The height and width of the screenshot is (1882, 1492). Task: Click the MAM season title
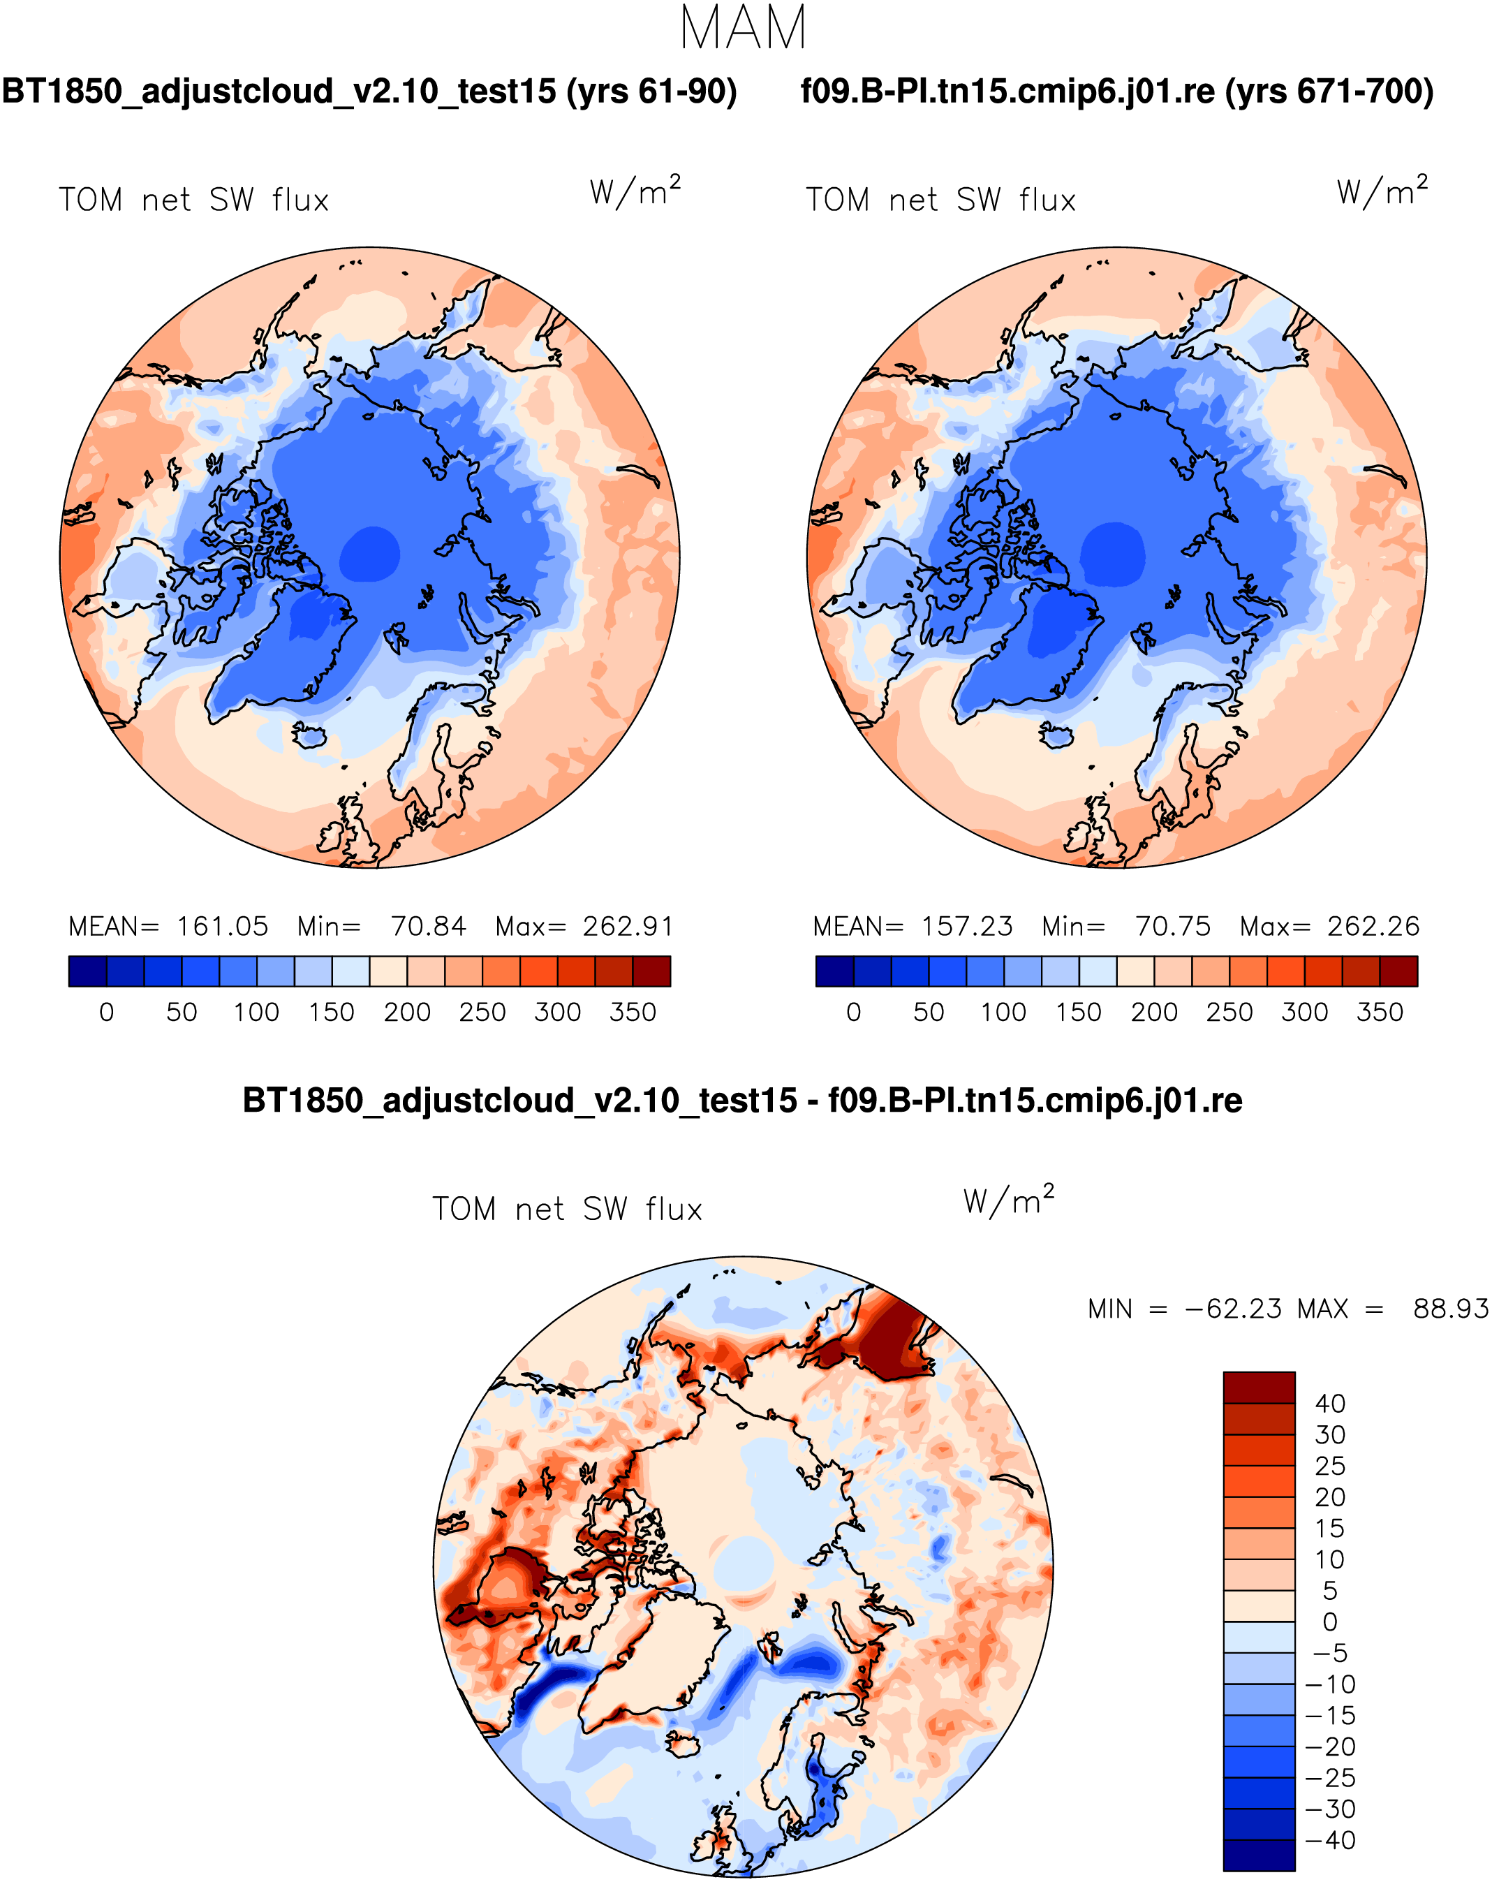[x=744, y=28]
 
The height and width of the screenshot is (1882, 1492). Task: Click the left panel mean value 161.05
[x=223, y=926]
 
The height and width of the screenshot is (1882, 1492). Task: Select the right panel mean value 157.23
[x=968, y=926]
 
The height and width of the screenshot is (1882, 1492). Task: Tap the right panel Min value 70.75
[x=1173, y=926]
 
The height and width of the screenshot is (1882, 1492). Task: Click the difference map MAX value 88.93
[x=1451, y=1309]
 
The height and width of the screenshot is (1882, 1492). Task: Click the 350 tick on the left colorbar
[x=633, y=1013]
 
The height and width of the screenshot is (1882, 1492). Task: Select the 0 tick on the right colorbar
[x=853, y=1013]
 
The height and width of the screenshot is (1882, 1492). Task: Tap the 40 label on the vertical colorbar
[x=1330, y=1404]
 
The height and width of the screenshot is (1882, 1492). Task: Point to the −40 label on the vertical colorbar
[x=1330, y=1840]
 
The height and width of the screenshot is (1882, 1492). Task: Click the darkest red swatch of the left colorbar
[x=652, y=971]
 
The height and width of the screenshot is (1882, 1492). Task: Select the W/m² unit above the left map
[x=635, y=191]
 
